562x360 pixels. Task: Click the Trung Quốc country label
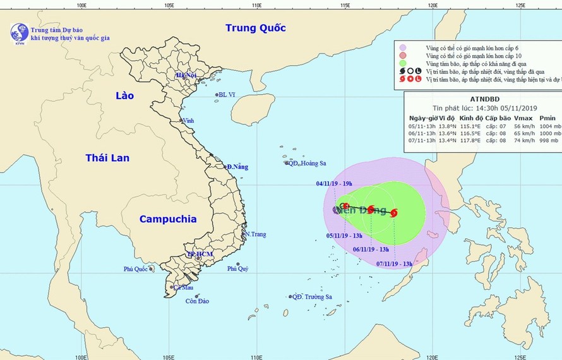256,28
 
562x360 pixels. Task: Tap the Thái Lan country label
107,158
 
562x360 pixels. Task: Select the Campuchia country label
167,219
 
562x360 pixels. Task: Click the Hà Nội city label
187,75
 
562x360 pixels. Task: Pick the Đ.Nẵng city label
238,167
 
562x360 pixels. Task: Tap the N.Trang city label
255,234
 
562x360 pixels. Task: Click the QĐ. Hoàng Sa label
308,163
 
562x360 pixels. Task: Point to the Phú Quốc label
136,270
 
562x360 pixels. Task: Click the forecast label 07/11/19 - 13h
394,264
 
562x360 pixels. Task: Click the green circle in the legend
402,64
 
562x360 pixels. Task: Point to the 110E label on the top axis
256,6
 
